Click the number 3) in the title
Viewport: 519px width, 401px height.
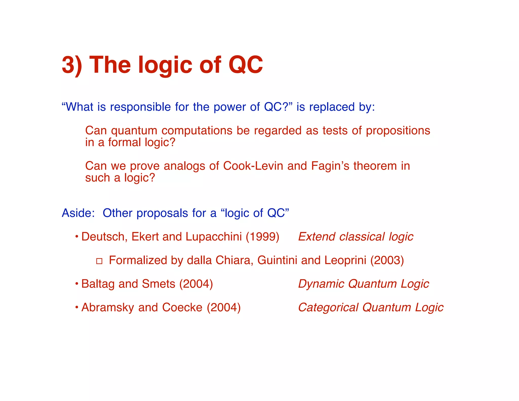pyautogui.click(x=72, y=65)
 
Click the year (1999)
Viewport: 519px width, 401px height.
pyautogui.click(x=263, y=237)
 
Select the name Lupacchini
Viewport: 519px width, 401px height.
pyautogui.click(x=214, y=237)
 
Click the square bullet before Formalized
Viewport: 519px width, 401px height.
pyautogui.click(x=99, y=261)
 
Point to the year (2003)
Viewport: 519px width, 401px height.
pyautogui.click(x=387, y=260)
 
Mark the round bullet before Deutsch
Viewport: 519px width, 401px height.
pyautogui.click(x=77, y=237)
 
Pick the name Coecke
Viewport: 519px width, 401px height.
pyautogui.click(x=182, y=307)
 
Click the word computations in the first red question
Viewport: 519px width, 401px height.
pyautogui.click(x=197, y=131)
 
